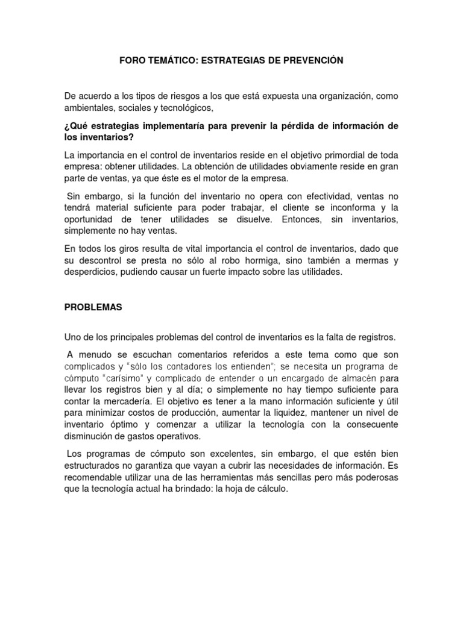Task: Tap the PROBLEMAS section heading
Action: click(93, 307)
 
